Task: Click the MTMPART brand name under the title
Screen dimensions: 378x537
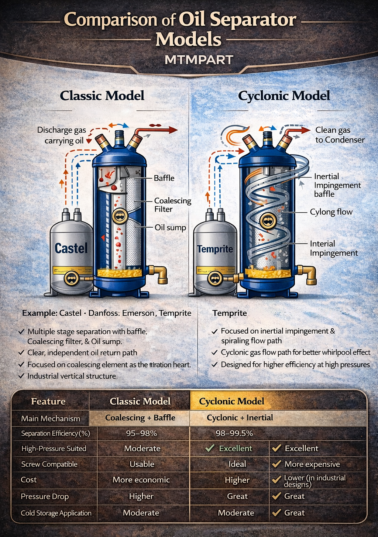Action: coord(199,60)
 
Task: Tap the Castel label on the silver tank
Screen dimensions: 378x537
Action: coord(71,248)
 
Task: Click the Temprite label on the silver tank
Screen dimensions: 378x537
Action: coord(215,249)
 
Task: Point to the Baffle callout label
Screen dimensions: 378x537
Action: coord(164,178)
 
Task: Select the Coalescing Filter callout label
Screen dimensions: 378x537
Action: coord(173,205)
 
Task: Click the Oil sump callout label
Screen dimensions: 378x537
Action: coord(170,227)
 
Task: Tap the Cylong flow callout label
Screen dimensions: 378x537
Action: coord(331,212)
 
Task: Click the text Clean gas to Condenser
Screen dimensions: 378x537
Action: coord(340,135)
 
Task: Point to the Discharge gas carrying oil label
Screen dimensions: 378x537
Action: coord(62,135)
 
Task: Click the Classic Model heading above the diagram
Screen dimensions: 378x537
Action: coord(102,96)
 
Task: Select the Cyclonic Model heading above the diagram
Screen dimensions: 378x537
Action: coord(284,96)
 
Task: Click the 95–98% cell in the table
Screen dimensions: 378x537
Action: coord(141,433)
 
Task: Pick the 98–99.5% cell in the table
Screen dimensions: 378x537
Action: coord(234,433)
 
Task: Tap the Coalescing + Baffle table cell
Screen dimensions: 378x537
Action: coord(140,418)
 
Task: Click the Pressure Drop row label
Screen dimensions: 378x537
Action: coord(45,496)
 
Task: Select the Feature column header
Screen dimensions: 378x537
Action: coord(48,401)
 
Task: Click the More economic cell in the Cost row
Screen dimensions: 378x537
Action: coord(141,480)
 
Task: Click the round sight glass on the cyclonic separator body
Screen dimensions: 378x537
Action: coord(268,221)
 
